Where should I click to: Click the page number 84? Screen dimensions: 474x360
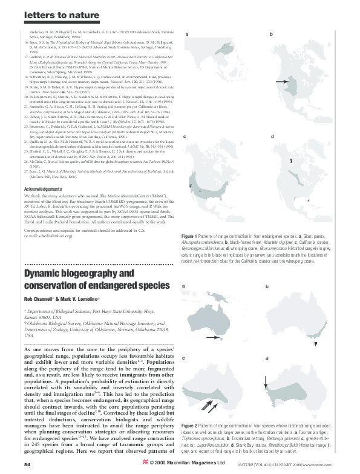27,464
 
